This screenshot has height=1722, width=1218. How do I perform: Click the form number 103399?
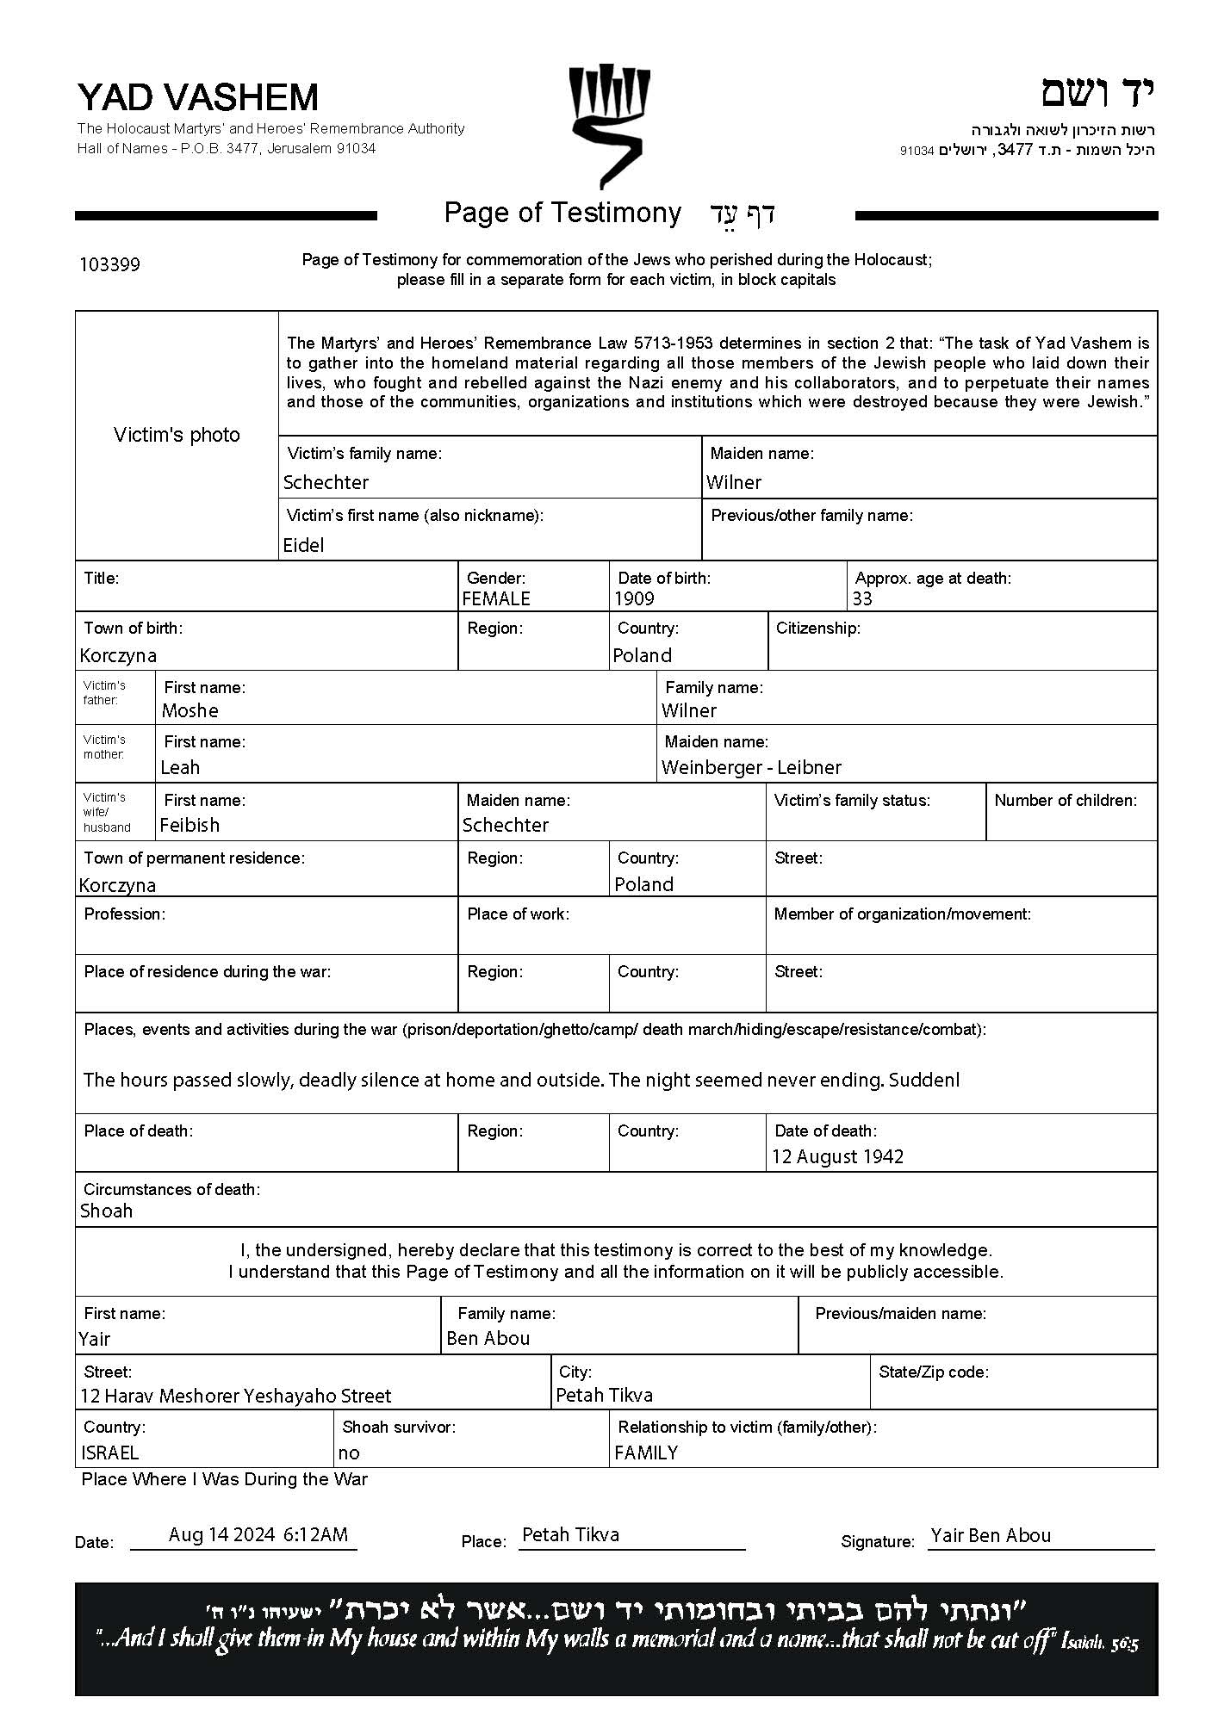tap(109, 264)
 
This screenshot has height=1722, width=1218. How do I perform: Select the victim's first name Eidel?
tap(303, 545)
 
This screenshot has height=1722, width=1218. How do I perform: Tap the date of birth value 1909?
tap(634, 598)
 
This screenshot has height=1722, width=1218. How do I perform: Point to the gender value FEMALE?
tap(496, 598)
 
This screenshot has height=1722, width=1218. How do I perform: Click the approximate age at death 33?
tap(862, 598)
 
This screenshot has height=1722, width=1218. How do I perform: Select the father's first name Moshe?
tap(190, 710)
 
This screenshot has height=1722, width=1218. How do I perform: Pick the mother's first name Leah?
tap(180, 767)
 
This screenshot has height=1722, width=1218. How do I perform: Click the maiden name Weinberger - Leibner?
tap(751, 767)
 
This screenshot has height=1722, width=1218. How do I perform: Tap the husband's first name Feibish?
tap(190, 825)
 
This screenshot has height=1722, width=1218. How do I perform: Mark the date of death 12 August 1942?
tap(837, 1156)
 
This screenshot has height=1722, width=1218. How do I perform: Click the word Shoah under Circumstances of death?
tap(106, 1211)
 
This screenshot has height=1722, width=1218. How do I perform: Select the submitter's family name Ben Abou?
tap(488, 1338)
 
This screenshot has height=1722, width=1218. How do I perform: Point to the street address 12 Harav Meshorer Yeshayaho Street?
tap(235, 1396)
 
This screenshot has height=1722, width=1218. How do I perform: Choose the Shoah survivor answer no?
tap(349, 1453)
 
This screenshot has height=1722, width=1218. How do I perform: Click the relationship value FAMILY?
tap(646, 1453)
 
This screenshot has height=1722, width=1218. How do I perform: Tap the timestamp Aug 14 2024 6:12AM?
tap(258, 1534)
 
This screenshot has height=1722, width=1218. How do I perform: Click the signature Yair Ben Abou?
tap(991, 1535)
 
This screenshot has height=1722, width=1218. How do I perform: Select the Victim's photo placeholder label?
tap(177, 435)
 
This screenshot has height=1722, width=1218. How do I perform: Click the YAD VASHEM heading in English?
tap(198, 97)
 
